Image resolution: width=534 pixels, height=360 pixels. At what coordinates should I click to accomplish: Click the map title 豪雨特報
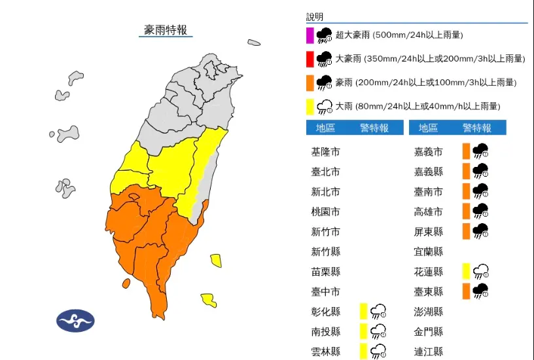166,29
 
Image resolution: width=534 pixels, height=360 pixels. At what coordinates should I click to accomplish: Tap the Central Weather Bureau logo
75,321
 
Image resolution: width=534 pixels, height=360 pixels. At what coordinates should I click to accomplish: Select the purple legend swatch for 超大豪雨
310,35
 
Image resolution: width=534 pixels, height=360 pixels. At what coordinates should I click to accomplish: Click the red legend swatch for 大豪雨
310,59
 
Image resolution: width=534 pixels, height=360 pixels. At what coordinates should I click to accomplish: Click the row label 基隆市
325,152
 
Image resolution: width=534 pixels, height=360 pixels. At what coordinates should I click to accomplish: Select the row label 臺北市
325,172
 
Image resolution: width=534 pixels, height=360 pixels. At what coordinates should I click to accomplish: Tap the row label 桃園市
325,212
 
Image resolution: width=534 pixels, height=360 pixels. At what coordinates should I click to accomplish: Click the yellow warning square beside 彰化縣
363,312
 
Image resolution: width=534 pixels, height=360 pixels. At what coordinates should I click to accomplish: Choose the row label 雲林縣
325,351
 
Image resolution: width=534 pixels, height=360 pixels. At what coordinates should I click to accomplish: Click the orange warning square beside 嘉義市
466,152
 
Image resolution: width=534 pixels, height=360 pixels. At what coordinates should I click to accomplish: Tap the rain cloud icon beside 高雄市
481,211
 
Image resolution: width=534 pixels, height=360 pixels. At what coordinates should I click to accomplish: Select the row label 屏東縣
429,232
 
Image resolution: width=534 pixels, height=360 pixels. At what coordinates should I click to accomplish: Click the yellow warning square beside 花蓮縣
466,272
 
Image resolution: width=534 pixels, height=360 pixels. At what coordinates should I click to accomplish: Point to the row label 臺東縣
429,291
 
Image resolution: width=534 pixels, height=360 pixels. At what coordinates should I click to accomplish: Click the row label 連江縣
429,351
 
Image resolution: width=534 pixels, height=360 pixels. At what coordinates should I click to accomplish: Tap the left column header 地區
325,128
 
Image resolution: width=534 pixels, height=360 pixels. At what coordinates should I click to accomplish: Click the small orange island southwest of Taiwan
126,283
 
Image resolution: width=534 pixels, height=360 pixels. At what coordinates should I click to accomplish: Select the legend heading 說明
315,17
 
